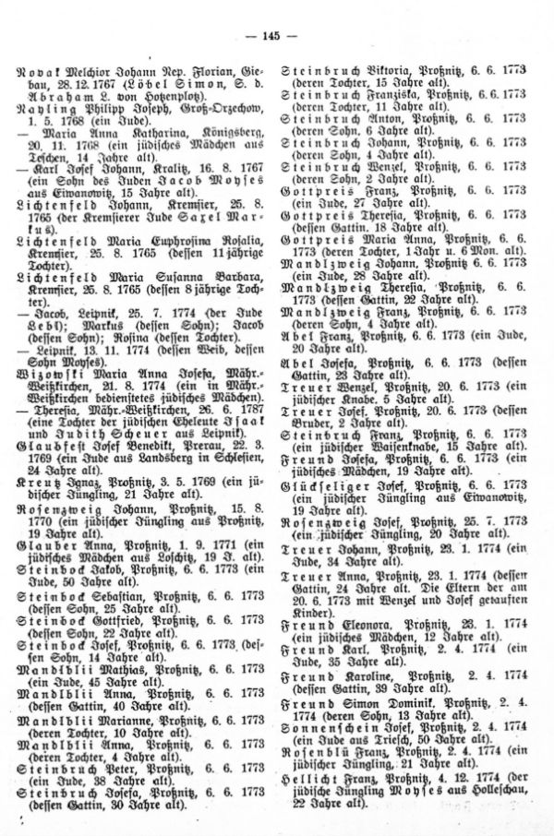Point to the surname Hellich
click(324, 794)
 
